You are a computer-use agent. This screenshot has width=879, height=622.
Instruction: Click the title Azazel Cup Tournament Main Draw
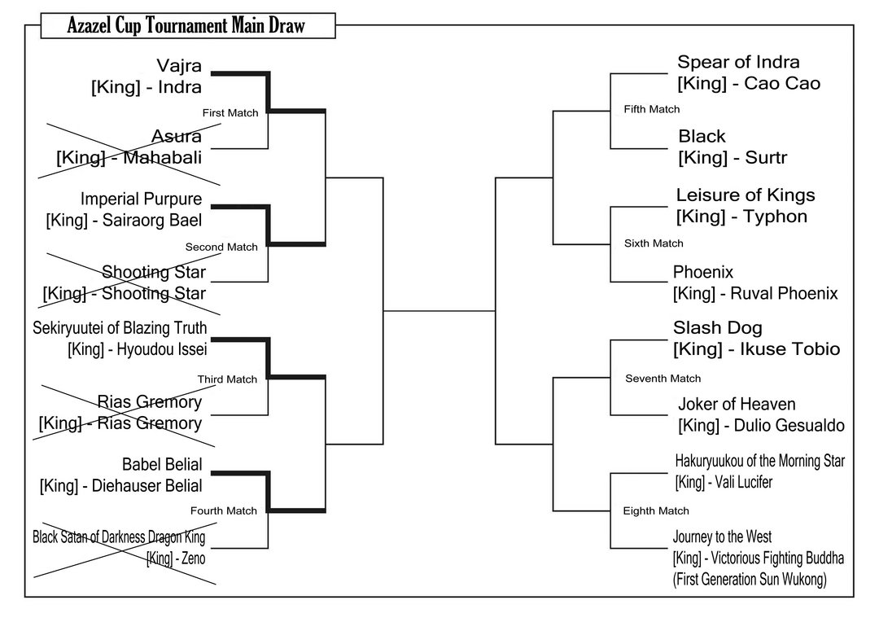tap(174, 26)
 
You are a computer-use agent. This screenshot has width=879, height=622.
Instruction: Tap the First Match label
tap(230, 113)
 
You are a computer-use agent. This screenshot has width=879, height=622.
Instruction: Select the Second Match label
tap(221, 247)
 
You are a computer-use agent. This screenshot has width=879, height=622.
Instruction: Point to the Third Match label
tap(227, 379)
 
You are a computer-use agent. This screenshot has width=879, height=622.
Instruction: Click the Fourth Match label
tap(223, 511)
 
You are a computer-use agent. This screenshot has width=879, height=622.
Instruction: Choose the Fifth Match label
tap(652, 109)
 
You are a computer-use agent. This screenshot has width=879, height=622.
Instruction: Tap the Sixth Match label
tap(654, 243)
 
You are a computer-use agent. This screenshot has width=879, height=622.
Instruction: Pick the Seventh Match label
tap(663, 379)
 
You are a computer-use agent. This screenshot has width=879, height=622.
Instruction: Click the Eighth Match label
tap(656, 511)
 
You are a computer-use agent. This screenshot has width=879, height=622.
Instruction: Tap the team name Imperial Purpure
tap(141, 199)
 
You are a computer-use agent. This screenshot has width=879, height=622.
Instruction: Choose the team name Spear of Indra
tap(738, 63)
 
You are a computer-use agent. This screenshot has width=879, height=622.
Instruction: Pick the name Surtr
tap(767, 158)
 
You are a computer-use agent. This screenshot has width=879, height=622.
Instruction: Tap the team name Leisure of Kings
tap(745, 195)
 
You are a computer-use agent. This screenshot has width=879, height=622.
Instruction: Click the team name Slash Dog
tap(717, 328)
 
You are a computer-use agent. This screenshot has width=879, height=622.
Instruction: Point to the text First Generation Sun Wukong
tap(749, 579)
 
